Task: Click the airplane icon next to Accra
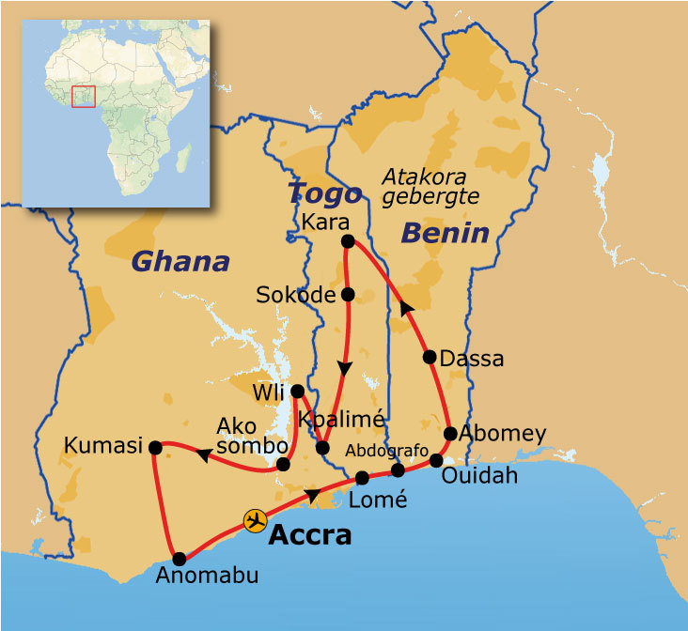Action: coord(254,520)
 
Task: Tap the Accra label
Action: coord(309,535)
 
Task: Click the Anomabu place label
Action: coord(207,576)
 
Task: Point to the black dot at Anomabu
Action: coord(180,559)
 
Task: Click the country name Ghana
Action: coord(180,261)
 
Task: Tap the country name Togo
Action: coord(324,193)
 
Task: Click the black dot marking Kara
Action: coord(347,241)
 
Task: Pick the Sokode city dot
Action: coord(348,295)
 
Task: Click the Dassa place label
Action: coord(472,359)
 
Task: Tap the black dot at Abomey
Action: coord(450,434)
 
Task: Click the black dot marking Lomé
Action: coord(363,478)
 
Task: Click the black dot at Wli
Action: coord(297,391)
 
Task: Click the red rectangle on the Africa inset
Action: coord(84,96)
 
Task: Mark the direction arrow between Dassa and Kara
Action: coord(406,307)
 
